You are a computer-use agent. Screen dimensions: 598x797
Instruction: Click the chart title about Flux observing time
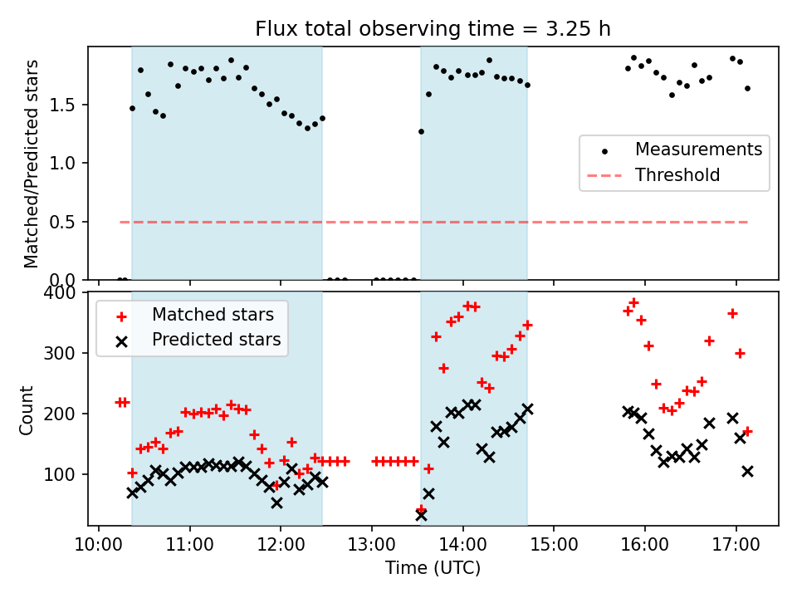point(433,29)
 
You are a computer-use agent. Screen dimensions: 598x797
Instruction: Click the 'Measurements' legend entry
point(698,150)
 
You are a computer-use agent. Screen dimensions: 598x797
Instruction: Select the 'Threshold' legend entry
point(677,175)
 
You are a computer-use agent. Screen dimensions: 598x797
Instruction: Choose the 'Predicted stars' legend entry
point(216,340)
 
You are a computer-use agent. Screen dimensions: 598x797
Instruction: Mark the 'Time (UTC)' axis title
point(433,569)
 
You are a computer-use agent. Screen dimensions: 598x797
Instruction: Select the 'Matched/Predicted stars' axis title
point(32,164)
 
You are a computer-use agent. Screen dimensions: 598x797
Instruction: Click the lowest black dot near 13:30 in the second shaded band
point(421,131)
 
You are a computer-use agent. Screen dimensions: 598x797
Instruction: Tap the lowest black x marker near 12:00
point(276,502)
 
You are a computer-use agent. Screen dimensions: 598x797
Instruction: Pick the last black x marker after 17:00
point(747,471)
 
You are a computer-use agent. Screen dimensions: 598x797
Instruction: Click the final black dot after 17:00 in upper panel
point(747,88)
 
